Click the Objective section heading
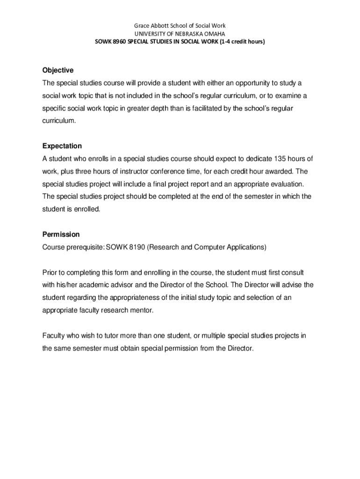tap(58, 70)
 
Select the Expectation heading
tap(62, 146)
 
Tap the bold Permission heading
tap(61, 234)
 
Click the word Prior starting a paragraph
tap(50, 272)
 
